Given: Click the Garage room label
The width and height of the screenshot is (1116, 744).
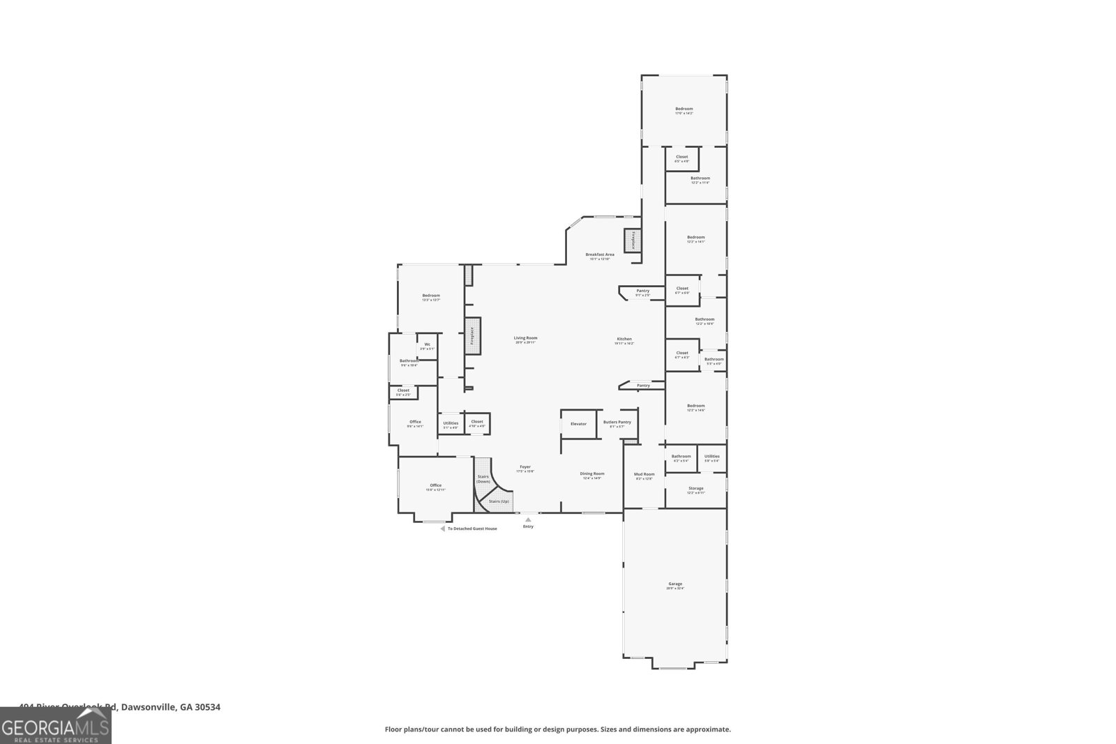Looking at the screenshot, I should tap(675, 584).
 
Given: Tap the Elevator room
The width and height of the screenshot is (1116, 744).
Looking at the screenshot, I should tap(579, 424).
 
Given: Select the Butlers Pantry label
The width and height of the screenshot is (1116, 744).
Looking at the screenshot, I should tap(617, 423).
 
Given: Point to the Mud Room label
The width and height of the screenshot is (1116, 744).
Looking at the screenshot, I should tap(644, 475).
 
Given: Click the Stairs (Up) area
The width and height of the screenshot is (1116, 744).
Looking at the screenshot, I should tap(499, 501).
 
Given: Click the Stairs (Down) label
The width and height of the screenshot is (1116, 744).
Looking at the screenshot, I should tap(483, 479).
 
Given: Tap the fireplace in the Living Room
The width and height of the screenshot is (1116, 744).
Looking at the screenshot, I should tap(472, 335).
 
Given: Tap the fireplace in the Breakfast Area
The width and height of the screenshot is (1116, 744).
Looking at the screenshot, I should tap(633, 241).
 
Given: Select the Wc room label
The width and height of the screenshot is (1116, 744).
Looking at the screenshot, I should tap(427, 345).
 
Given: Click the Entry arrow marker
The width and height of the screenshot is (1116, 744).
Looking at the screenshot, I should tap(528, 519).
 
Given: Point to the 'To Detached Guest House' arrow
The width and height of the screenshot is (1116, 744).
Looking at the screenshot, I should tap(442, 529).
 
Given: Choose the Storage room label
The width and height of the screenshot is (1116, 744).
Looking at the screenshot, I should tap(695, 489).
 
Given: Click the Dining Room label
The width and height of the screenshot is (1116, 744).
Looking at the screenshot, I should tap(592, 474).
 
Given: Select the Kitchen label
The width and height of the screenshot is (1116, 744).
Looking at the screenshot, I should tap(624, 340).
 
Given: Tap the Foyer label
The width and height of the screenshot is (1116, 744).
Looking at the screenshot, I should tap(525, 468).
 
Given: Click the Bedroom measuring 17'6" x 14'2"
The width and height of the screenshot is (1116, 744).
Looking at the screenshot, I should tap(684, 109).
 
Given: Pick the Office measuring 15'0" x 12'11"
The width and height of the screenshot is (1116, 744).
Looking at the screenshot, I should tap(435, 486).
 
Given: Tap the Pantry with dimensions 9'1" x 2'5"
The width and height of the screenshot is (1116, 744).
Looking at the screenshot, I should tap(642, 291).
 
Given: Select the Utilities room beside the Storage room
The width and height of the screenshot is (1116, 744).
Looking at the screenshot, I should tap(711, 457).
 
